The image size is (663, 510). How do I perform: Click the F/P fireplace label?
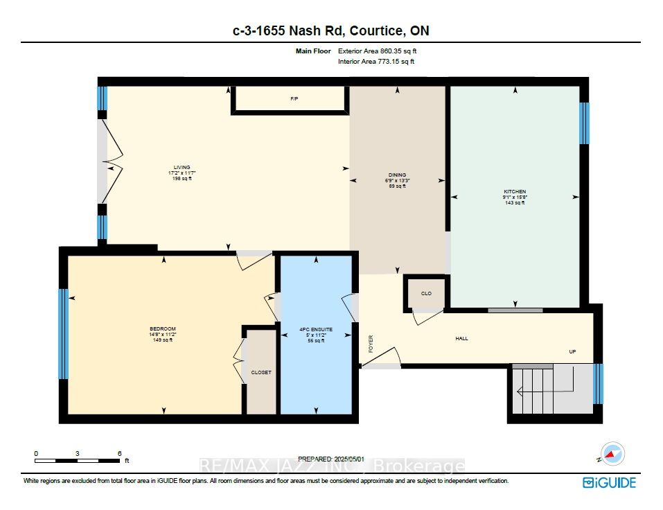(x=294, y=99)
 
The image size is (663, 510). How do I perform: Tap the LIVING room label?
(x=182, y=167)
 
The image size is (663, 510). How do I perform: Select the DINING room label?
(x=397, y=175)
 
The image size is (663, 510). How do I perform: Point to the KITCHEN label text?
(x=514, y=192)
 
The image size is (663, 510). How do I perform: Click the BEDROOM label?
(x=163, y=328)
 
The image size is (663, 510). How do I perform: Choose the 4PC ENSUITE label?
(x=316, y=329)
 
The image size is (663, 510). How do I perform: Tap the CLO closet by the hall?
(x=426, y=294)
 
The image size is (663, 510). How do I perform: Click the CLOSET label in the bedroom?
(x=261, y=372)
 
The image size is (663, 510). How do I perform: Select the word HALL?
(x=461, y=339)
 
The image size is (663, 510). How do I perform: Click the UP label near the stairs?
(x=572, y=351)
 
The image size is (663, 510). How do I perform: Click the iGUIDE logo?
(x=609, y=482)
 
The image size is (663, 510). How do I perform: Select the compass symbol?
(x=611, y=454)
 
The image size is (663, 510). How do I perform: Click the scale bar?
(x=77, y=460)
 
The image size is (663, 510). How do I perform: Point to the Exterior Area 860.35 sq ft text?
(x=377, y=51)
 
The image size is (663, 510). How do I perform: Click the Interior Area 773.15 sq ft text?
(x=376, y=62)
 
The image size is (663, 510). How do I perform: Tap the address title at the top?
(x=330, y=30)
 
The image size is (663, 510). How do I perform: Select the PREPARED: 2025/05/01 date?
(x=330, y=459)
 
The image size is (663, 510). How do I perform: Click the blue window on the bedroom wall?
(x=63, y=333)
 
